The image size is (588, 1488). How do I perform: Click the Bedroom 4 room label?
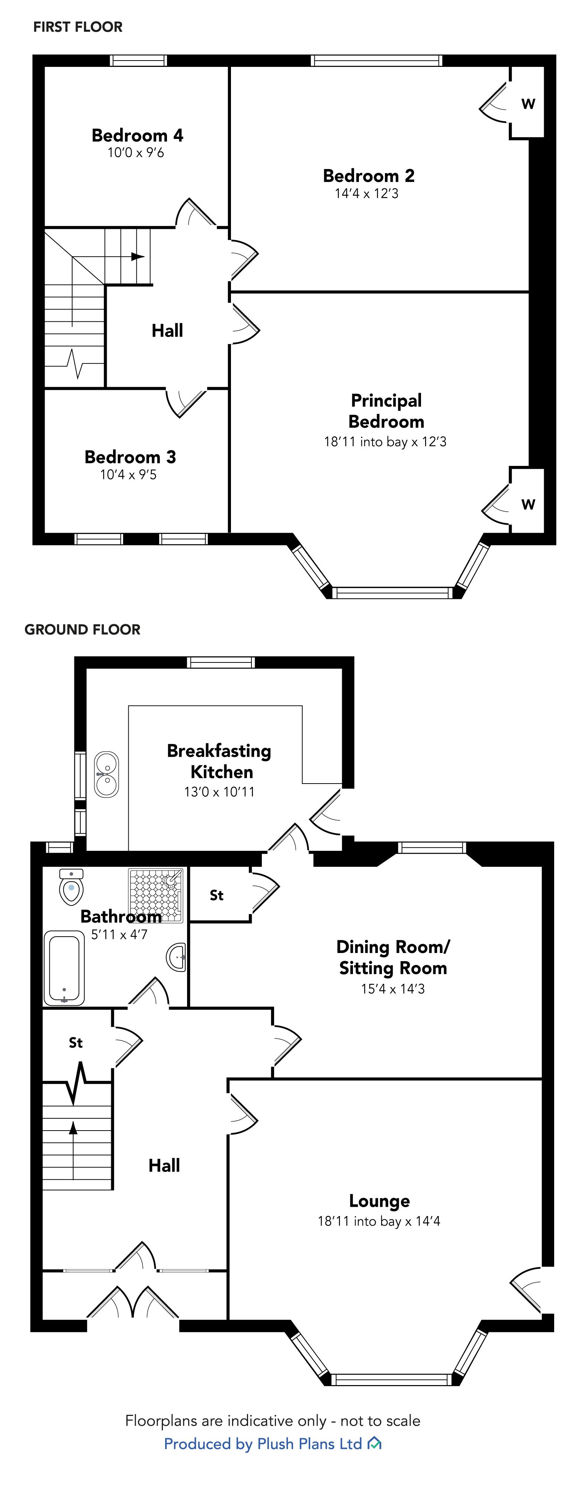click(138, 135)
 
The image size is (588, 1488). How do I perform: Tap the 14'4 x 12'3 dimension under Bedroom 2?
click(367, 194)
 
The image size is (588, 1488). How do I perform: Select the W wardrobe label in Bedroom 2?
click(528, 104)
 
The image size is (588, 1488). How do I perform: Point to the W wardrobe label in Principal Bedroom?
click(528, 504)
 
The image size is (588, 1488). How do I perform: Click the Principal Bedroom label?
click(386, 411)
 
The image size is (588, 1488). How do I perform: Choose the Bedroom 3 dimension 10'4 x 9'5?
click(128, 475)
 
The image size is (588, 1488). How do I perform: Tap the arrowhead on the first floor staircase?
click(138, 256)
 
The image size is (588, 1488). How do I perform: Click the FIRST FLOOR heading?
click(78, 27)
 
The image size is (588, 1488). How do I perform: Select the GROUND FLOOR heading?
click(82, 630)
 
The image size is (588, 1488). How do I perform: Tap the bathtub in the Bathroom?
click(64, 967)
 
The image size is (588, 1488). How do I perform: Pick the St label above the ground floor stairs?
click(76, 1043)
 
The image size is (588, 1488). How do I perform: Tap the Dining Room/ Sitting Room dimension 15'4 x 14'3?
click(393, 989)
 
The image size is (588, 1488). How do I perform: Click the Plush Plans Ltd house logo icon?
click(375, 1443)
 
